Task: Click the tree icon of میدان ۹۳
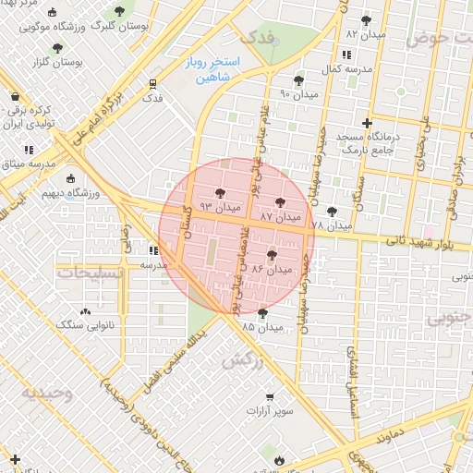(219, 193)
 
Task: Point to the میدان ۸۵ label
(261, 327)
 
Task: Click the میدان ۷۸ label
(331, 225)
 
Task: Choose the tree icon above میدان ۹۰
(297, 80)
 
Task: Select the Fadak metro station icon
(153, 83)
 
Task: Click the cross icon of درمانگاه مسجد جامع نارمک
(368, 123)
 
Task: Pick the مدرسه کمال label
(351, 69)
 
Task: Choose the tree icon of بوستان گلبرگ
(119, 11)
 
